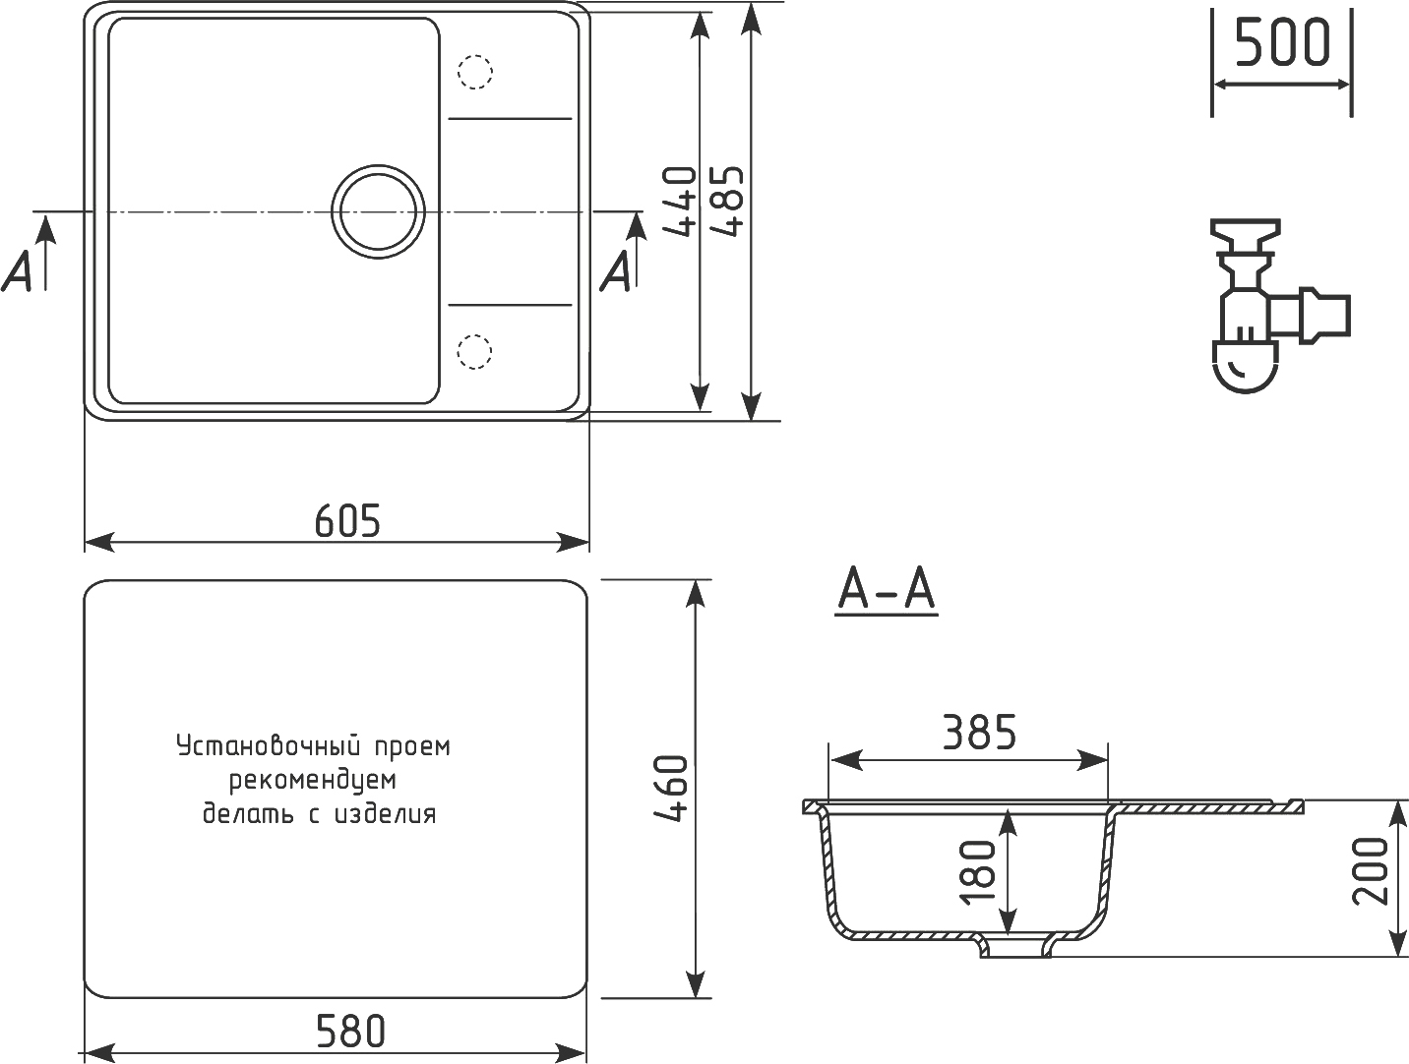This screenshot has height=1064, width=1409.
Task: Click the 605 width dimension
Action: (347, 521)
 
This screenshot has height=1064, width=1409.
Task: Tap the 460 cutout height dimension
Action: (671, 789)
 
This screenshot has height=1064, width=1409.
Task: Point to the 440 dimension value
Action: (679, 201)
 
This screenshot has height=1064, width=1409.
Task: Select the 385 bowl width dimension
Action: (980, 733)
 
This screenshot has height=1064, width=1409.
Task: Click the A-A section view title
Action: (887, 590)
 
